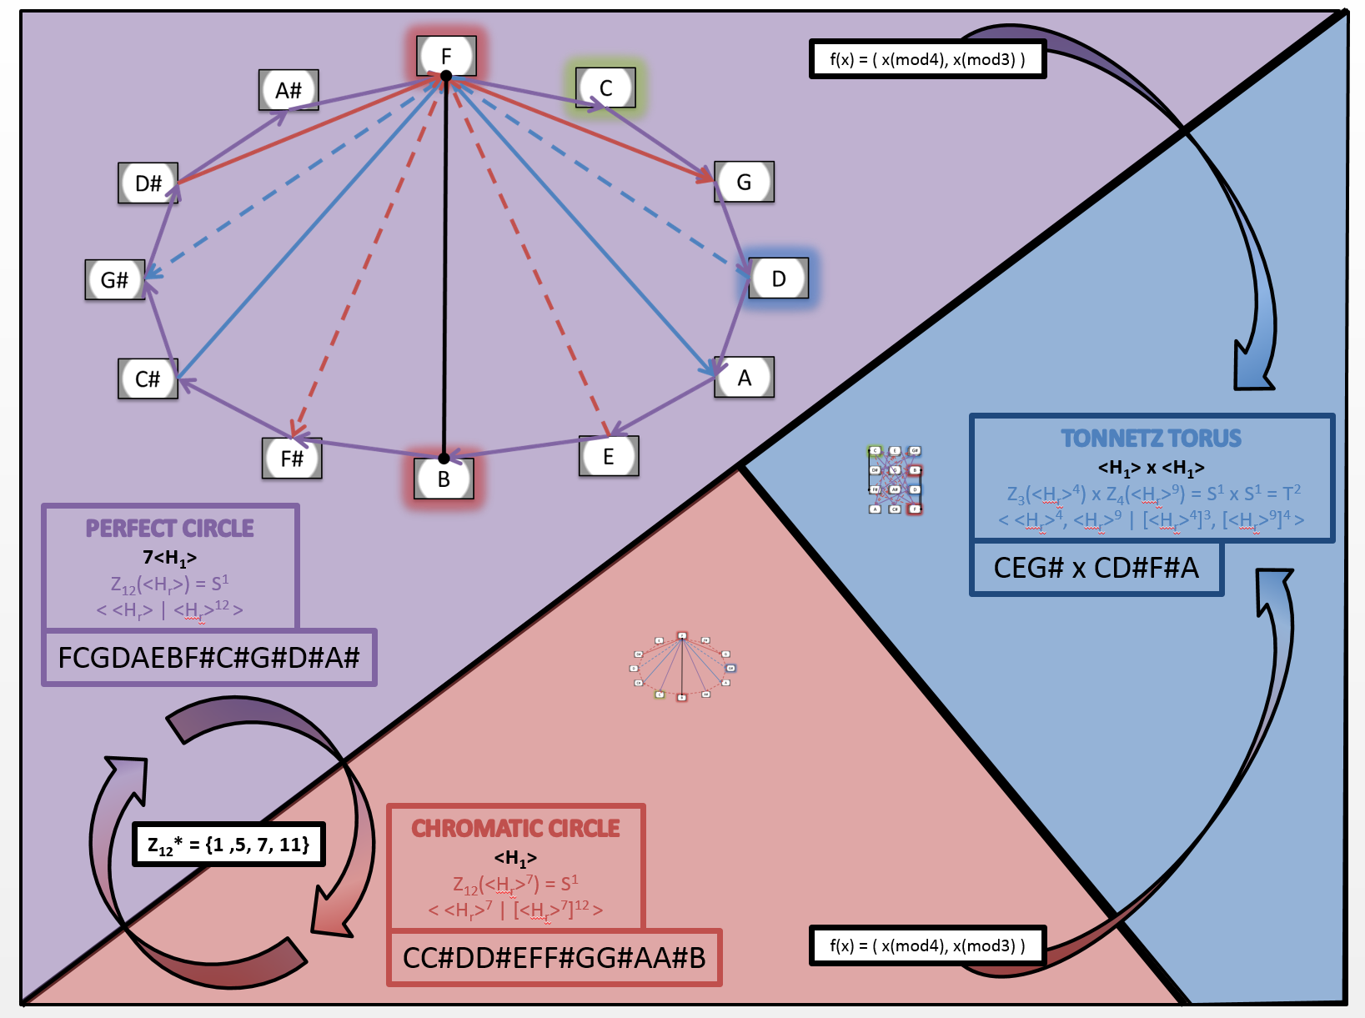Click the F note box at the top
click(x=446, y=56)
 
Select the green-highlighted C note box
click(x=605, y=88)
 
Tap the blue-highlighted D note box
click(x=778, y=278)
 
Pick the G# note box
click(x=115, y=279)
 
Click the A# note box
click(x=289, y=90)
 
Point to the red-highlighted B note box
click(x=444, y=479)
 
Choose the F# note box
click(x=292, y=458)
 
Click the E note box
click(x=609, y=456)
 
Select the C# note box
click(x=148, y=379)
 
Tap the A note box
click(x=744, y=378)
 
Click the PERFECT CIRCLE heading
click(x=170, y=529)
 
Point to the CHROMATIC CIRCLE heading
click(x=515, y=829)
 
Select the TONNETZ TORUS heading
click(x=1151, y=439)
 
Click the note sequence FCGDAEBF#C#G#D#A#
click(x=208, y=658)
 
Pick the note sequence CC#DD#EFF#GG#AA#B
click(x=554, y=958)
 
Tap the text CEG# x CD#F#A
click(x=1096, y=568)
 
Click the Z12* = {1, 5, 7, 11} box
click(x=228, y=845)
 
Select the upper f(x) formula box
click(x=927, y=59)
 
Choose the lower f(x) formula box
click(x=927, y=945)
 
